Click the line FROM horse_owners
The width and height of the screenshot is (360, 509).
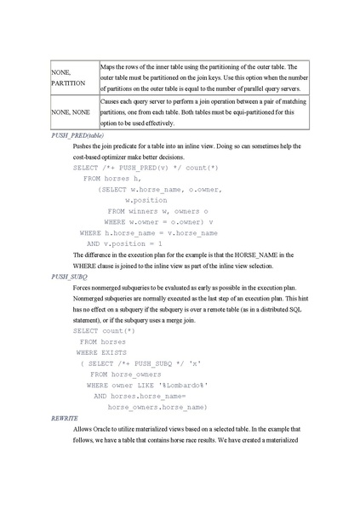123,374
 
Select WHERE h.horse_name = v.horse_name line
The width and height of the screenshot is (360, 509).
149,232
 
